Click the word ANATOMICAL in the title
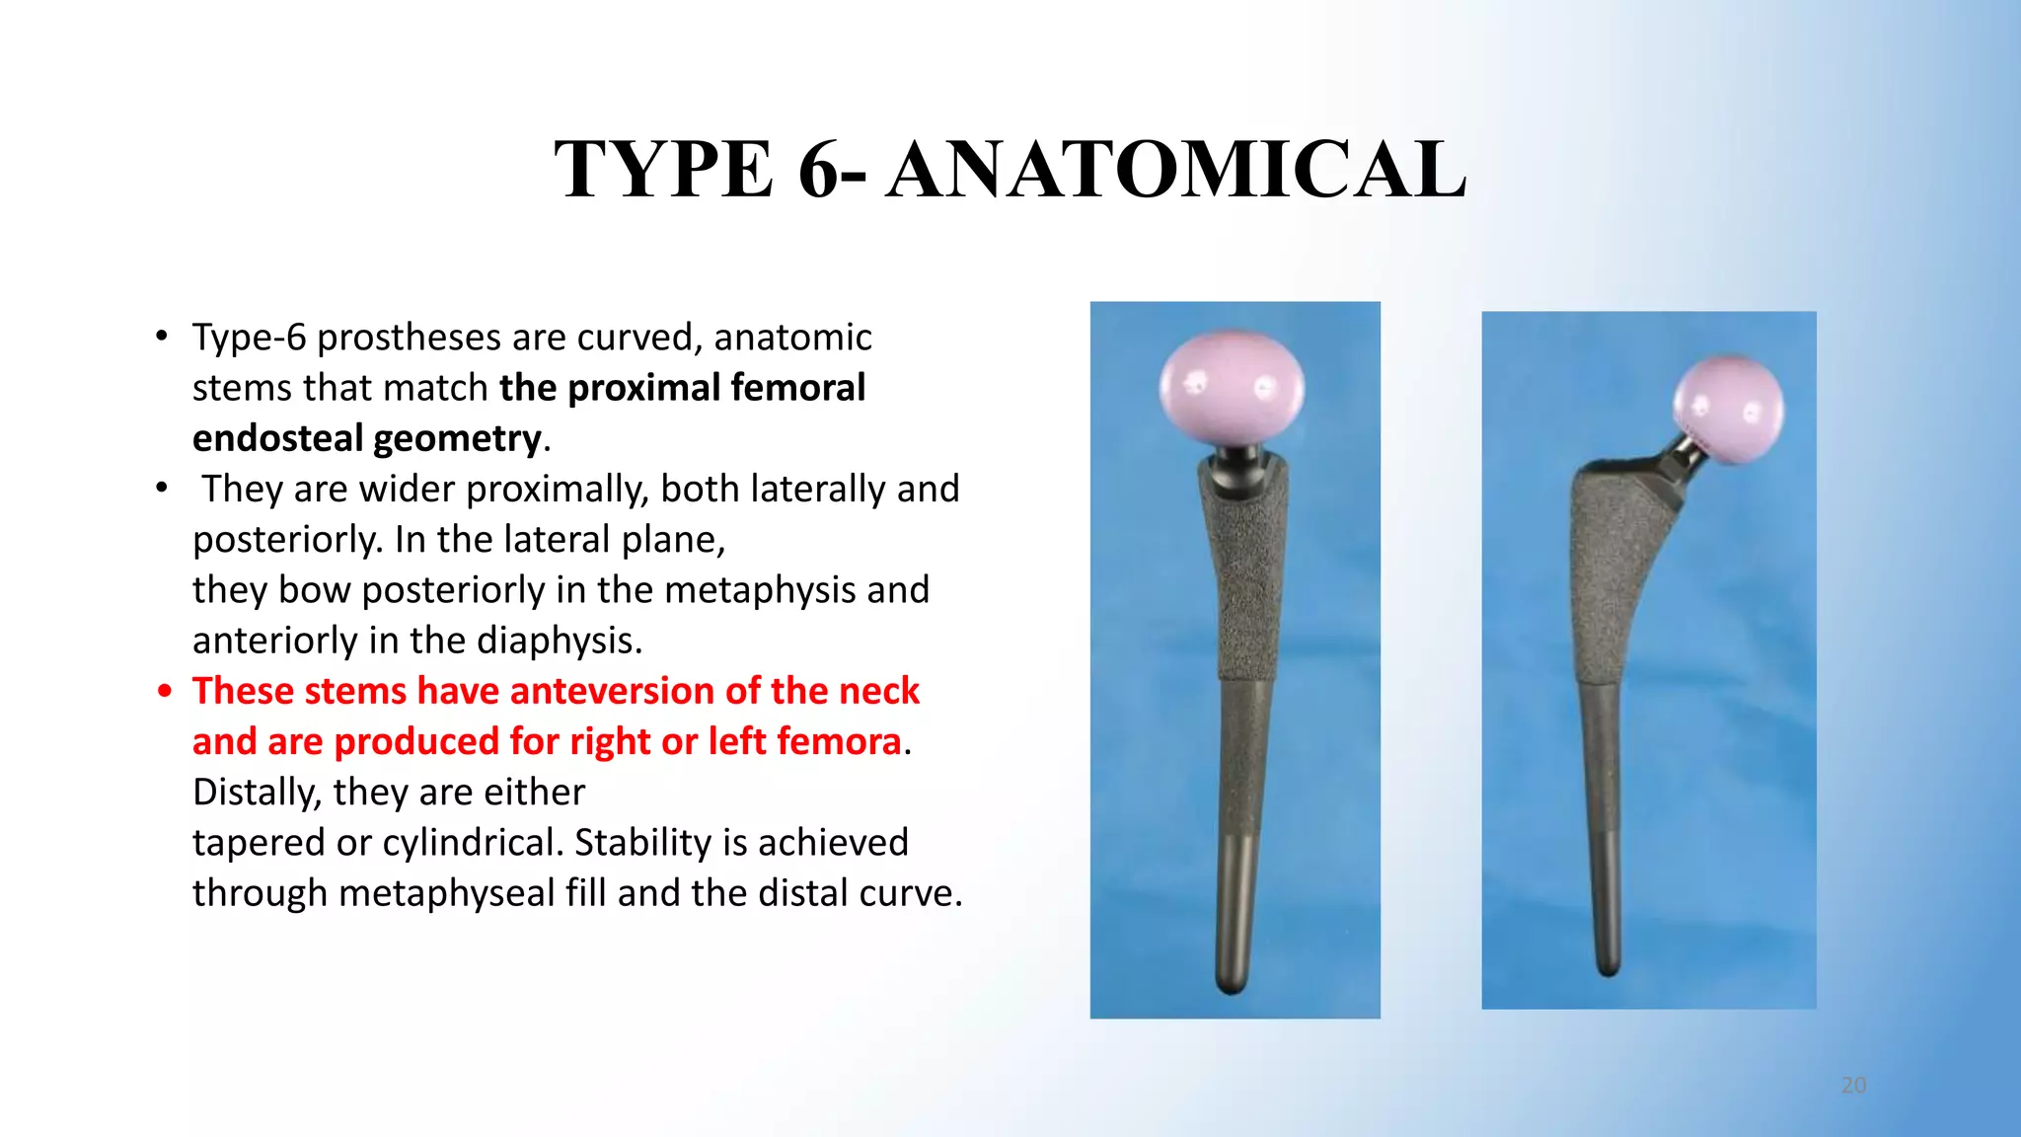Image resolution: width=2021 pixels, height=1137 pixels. tap(1175, 170)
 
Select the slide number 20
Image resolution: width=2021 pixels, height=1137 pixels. tap(1853, 1086)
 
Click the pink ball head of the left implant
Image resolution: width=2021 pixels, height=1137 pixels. tap(1232, 389)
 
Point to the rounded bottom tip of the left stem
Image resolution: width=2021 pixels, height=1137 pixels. tap(1232, 983)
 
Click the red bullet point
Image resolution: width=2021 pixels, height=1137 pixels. tap(165, 691)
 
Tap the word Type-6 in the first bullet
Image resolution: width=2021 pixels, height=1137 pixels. tap(249, 338)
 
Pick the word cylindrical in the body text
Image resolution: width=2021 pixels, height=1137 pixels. tap(471, 843)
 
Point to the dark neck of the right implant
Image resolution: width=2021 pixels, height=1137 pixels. tap(1678, 457)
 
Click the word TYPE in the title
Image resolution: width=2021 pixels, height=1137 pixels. tap(663, 170)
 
